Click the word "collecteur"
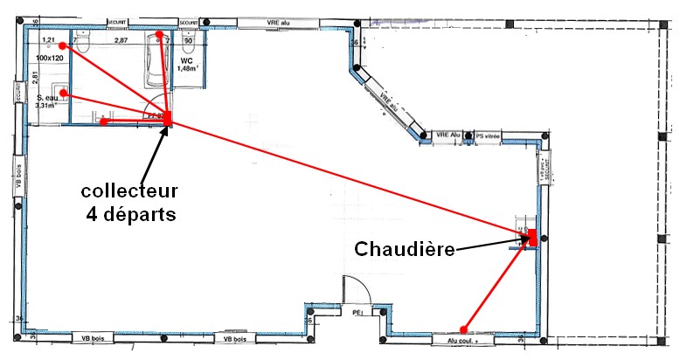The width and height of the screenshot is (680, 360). tap(128, 190)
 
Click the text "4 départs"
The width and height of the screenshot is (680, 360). tap(130, 213)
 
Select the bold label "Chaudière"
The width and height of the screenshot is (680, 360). tap(405, 249)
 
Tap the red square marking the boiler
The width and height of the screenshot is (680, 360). tap(531, 236)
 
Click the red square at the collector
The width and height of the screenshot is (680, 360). tap(168, 118)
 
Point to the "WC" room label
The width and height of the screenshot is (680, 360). tap(187, 59)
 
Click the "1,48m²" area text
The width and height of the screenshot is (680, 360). tap(188, 68)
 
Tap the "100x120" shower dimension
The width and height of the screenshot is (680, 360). tap(51, 57)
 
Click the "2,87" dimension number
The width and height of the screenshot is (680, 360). tap(121, 41)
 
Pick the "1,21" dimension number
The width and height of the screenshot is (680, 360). tap(49, 40)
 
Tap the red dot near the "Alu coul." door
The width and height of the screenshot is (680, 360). tap(465, 330)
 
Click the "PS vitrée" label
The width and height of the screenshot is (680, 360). tap(487, 136)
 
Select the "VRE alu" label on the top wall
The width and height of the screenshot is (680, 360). tap(280, 21)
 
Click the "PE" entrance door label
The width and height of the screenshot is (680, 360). tap(357, 311)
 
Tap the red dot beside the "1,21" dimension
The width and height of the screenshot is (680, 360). tap(63, 46)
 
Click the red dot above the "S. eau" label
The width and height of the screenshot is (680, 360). tap(64, 92)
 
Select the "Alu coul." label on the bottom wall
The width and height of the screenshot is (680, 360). tap(462, 342)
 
